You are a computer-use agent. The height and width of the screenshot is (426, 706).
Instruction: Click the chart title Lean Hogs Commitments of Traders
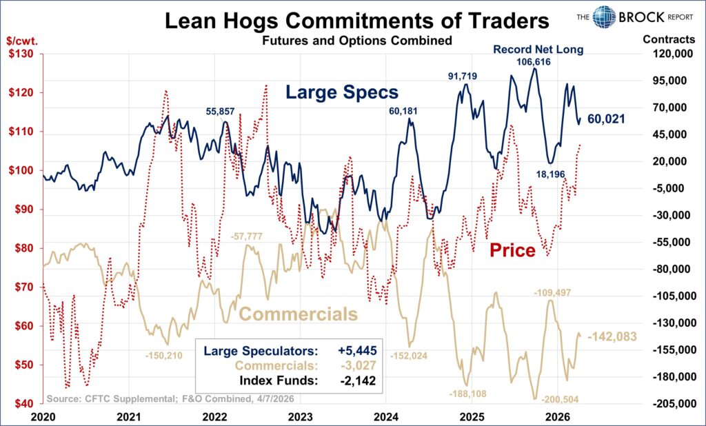tap(356, 21)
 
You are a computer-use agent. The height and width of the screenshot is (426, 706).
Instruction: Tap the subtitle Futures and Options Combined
tap(356, 41)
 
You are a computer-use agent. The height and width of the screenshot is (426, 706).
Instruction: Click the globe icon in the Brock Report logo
tap(603, 17)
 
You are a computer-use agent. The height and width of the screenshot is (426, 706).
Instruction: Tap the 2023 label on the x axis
tap(300, 416)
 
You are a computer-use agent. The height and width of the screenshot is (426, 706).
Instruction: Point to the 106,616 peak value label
tap(535, 62)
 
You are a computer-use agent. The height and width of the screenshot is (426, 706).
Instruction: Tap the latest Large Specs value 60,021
tap(606, 119)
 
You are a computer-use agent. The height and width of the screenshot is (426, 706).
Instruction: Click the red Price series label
tap(512, 250)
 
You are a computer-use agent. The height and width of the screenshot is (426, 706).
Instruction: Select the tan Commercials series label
tap(299, 314)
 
